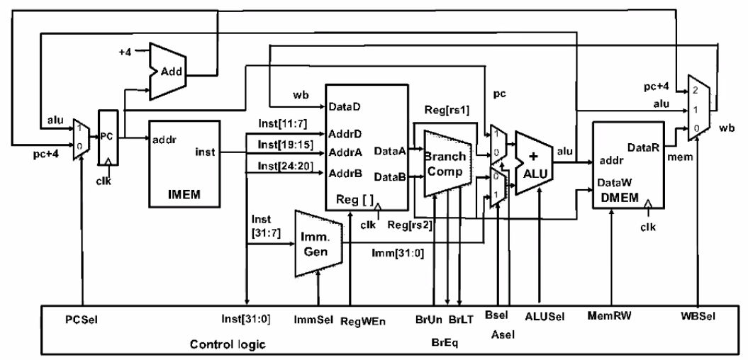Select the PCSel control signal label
83,319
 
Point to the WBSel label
698,315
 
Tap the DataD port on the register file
345,108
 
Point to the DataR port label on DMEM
641,146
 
